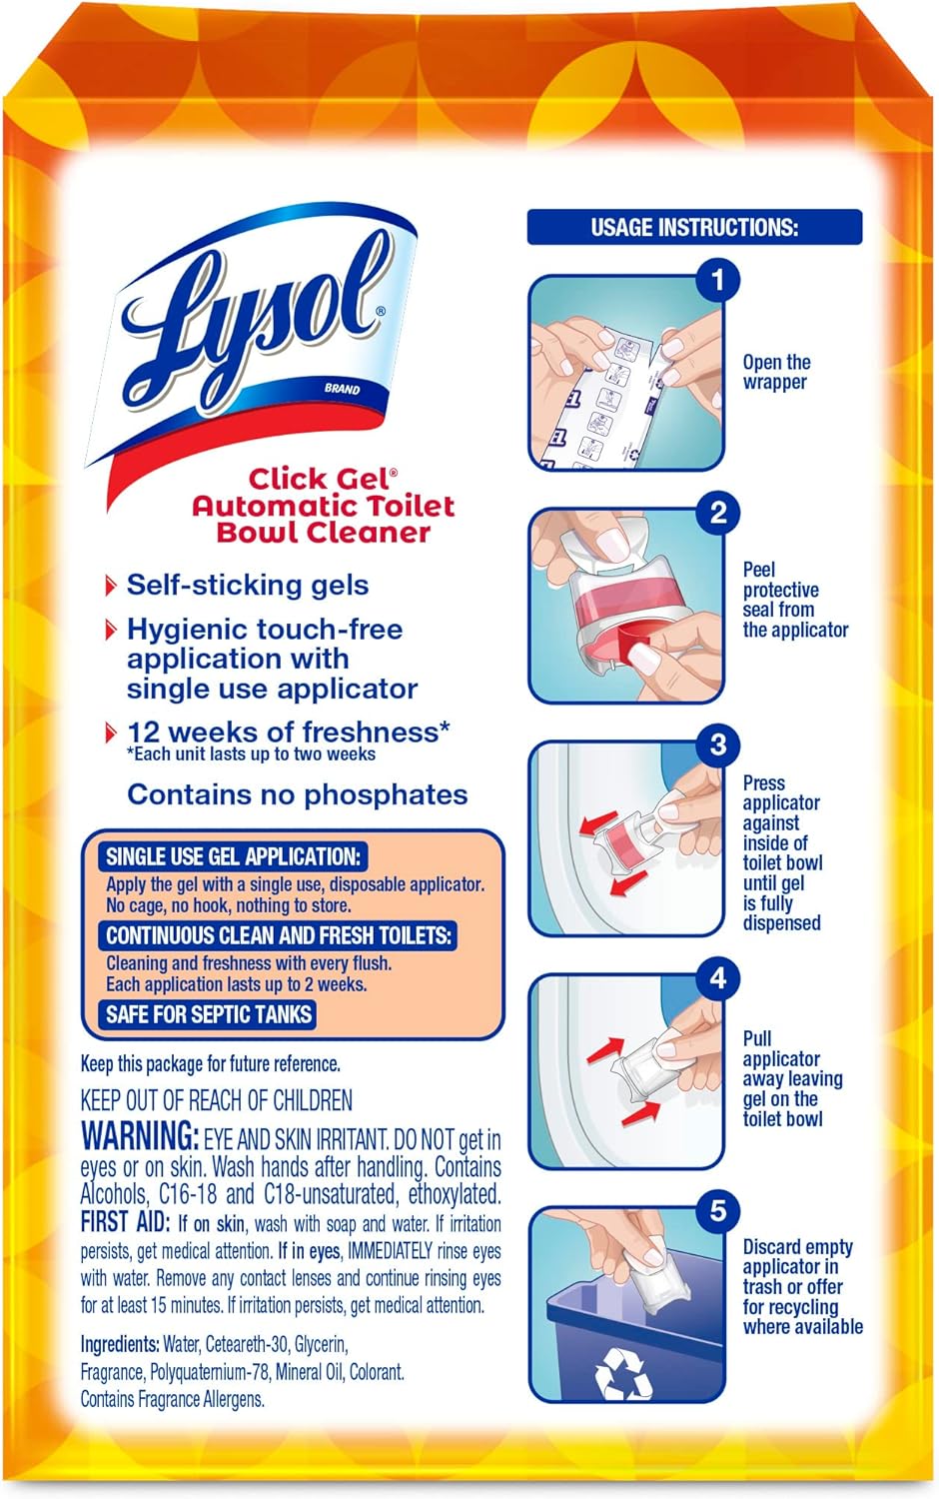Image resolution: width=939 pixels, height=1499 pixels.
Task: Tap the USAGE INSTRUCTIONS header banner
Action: (x=694, y=227)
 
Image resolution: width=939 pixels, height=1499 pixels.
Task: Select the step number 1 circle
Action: (x=716, y=280)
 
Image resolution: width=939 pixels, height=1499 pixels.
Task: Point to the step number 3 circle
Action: (x=717, y=746)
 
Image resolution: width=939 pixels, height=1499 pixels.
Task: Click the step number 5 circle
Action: (x=717, y=1211)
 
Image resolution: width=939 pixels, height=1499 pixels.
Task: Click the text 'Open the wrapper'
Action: (x=776, y=372)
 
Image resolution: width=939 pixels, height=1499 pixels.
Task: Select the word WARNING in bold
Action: (x=140, y=1136)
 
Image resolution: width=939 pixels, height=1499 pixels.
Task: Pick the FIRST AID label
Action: (x=118, y=1221)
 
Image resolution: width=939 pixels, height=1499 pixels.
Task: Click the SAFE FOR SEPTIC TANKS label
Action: (x=209, y=1014)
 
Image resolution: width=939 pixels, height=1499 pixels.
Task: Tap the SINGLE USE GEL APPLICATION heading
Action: (x=233, y=856)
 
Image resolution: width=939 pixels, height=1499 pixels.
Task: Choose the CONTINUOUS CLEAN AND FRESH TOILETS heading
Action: (x=279, y=935)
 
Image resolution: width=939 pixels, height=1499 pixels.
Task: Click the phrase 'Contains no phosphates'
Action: (x=297, y=794)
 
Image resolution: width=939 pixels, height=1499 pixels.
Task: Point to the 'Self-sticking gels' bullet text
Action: (x=247, y=585)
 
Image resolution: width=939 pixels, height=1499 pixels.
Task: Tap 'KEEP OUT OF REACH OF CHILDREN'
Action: (x=216, y=1100)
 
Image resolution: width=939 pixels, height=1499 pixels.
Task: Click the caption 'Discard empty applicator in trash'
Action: (x=797, y=1266)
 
